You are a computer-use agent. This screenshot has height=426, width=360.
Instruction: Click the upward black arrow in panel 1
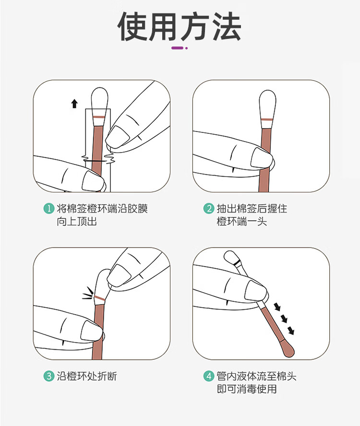pyautogui.click(x=74, y=104)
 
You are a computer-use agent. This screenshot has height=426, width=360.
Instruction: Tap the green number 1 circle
pyautogui.click(x=49, y=209)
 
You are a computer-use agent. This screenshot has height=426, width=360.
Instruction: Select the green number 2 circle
pyautogui.click(x=209, y=209)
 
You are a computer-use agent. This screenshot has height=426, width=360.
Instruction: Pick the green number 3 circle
pyautogui.click(x=49, y=376)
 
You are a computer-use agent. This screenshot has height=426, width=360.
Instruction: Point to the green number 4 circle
pyautogui.click(x=209, y=376)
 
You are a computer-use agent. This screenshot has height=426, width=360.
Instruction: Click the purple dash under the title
pyautogui.click(x=177, y=48)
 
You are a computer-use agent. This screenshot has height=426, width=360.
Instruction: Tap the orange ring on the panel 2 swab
pyautogui.click(x=267, y=119)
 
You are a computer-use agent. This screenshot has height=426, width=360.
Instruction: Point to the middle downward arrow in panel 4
pyautogui.click(x=284, y=319)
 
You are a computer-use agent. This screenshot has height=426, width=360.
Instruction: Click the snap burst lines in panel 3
pyautogui.click(x=88, y=294)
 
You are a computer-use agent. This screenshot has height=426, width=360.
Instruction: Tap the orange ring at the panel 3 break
pyautogui.click(x=100, y=298)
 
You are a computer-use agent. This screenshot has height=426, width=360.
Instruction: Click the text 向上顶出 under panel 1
pyautogui.click(x=77, y=222)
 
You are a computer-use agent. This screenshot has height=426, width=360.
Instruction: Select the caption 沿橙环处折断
pyautogui.click(x=87, y=376)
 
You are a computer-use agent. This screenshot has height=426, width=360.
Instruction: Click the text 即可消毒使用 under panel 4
pyautogui.click(x=247, y=389)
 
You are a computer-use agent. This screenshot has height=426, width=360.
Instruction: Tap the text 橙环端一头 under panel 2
pyautogui.click(x=242, y=222)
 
